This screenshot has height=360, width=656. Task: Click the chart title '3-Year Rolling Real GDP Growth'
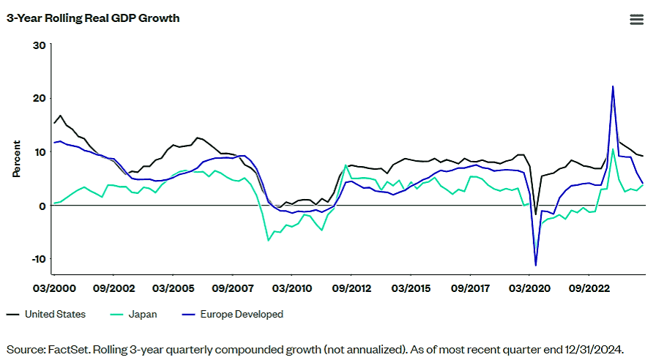click(93, 18)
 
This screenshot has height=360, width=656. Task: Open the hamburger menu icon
click(636, 20)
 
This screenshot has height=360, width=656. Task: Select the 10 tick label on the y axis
click(40, 152)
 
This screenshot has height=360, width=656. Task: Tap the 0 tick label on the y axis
click(42, 206)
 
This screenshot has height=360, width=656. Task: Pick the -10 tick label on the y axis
click(37, 259)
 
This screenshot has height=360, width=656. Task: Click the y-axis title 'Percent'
click(16, 159)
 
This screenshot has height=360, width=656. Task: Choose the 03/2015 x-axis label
click(411, 288)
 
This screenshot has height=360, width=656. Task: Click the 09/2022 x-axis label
click(589, 288)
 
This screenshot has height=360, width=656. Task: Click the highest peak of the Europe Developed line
click(613, 86)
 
